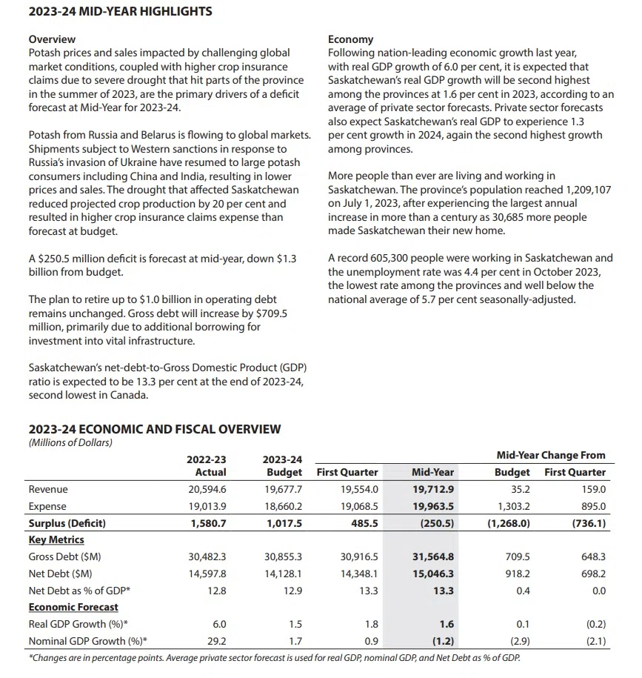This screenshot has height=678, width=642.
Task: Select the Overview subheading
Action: tap(52, 39)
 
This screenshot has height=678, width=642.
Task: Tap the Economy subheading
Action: tap(350, 39)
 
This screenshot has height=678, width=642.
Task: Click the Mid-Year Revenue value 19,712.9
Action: tap(432, 489)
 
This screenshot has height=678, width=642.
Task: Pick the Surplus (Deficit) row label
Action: tap(67, 522)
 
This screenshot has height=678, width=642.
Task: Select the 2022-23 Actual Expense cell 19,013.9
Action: tap(207, 506)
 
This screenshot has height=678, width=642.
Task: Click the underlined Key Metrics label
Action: tap(56, 539)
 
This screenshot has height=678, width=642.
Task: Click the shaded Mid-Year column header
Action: tap(433, 472)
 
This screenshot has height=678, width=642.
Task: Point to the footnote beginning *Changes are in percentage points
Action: tap(273, 657)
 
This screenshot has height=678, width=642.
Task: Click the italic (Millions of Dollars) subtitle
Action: tap(70, 442)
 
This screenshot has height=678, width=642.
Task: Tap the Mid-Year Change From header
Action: tap(550, 455)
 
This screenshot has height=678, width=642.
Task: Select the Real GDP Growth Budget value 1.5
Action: tap(294, 625)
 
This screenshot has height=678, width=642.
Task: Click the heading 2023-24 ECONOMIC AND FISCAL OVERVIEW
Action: tap(155, 428)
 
